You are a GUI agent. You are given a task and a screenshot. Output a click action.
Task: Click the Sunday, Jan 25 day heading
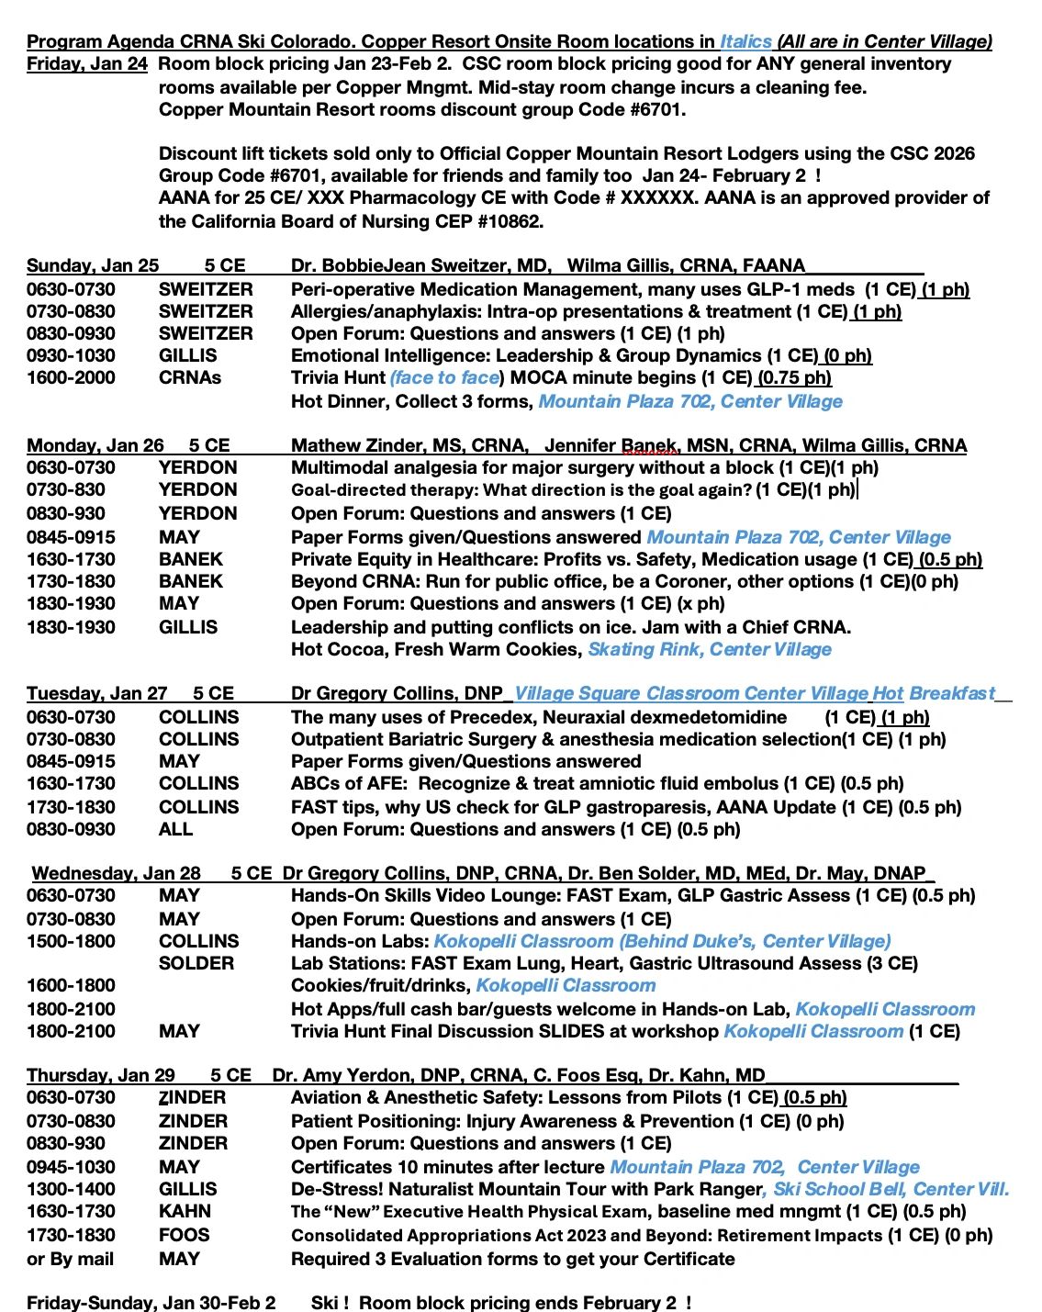pyautogui.click(x=93, y=266)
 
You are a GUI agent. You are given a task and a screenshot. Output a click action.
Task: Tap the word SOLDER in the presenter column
pyautogui.click(x=196, y=963)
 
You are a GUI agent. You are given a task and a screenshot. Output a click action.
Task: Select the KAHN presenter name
pyautogui.click(x=185, y=1212)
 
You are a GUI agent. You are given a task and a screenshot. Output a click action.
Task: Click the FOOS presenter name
pyautogui.click(x=184, y=1235)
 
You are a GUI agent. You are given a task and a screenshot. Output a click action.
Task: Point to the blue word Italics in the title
pyautogui.click(x=745, y=41)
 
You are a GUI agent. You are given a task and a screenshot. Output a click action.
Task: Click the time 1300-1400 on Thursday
pyautogui.click(x=71, y=1189)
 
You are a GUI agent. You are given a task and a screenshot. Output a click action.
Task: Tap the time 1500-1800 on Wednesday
pyautogui.click(x=71, y=941)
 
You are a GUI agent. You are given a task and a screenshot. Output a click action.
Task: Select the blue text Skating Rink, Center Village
pyautogui.click(x=710, y=650)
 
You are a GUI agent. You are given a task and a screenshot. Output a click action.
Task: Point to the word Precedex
pyautogui.click(x=429, y=717)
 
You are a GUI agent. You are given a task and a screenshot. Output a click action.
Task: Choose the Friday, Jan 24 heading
pyautogui.click(x=87, y=64)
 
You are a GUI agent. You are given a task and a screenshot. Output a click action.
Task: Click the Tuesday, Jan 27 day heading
pyautogui.click(x=97, y=694)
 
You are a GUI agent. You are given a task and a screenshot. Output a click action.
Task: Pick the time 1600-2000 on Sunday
pyautogui.click(x=71, y=377)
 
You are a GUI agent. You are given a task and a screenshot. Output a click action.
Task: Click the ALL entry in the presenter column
pyautogui.click(x=175, y=829)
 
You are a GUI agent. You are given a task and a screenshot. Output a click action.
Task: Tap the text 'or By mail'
pyautogui.click(x=71, y=1259)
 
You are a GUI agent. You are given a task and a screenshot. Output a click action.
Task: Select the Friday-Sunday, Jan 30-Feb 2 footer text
pyautogui.click(x=151, y=1303)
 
